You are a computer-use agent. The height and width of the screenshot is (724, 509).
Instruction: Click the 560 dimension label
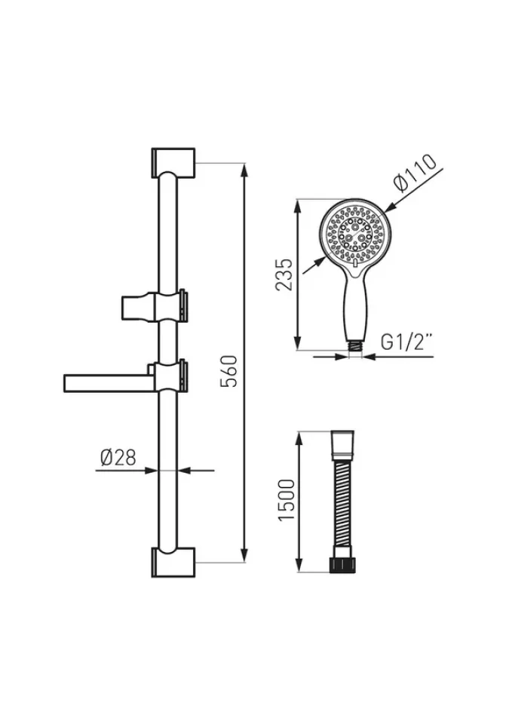click(x=228, y=371)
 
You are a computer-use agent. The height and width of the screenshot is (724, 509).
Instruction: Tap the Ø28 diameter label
click(x=118, y=457)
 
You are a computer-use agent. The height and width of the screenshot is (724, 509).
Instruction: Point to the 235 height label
click(x=284, y=275)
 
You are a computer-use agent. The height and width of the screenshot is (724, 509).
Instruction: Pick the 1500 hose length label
click(x=287, y=500)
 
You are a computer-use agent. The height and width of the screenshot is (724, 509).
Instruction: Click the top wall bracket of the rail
click(x=173, y=163)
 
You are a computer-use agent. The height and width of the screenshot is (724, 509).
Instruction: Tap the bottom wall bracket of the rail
click(x=173, y=563)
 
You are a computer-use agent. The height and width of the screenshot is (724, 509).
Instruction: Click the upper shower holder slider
click(x=155, y=305)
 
